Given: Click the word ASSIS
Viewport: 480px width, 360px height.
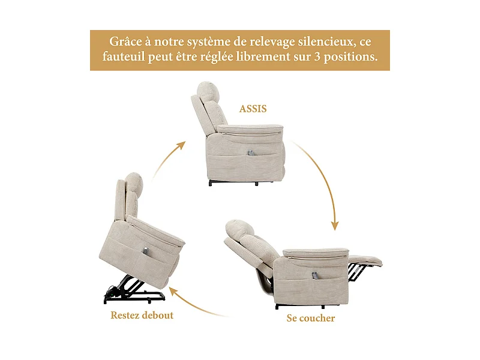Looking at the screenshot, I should coord(253,109).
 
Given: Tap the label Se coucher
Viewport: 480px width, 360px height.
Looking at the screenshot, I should coord(310,318).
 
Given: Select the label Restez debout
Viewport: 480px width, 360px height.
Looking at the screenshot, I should coord(142,315).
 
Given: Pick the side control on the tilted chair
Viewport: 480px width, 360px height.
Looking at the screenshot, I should coord(146,248).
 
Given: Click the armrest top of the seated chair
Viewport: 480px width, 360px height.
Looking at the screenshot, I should coord(249,128).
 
